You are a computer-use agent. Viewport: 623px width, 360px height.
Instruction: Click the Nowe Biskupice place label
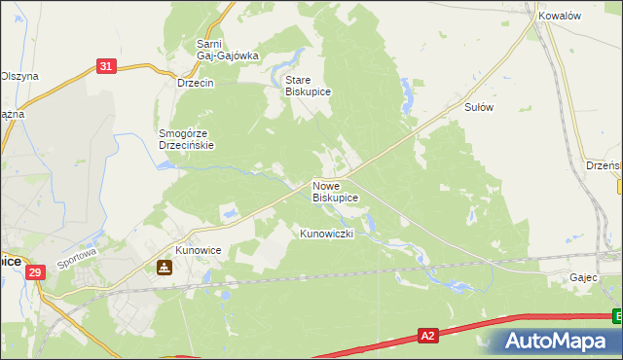[335, 191]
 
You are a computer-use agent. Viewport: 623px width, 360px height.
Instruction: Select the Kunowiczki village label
[332, 234]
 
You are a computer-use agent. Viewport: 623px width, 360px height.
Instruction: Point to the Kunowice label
[199, 251]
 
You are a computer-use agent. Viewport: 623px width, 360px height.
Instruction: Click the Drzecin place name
[196, 83]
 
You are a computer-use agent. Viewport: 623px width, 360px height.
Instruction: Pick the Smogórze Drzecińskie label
[186, 139]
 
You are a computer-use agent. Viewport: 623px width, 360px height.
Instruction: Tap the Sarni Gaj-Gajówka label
[227, 50]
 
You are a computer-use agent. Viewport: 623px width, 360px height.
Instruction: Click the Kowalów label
[560, 17]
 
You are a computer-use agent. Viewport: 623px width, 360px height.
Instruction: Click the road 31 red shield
[107, 66]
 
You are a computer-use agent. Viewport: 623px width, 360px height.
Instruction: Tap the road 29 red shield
[36, 275]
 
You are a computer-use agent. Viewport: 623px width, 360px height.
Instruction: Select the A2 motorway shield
[427, 336]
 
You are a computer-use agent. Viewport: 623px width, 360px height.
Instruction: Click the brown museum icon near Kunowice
[164, 268]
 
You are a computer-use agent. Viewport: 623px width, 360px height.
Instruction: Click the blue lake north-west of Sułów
[406, 94]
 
